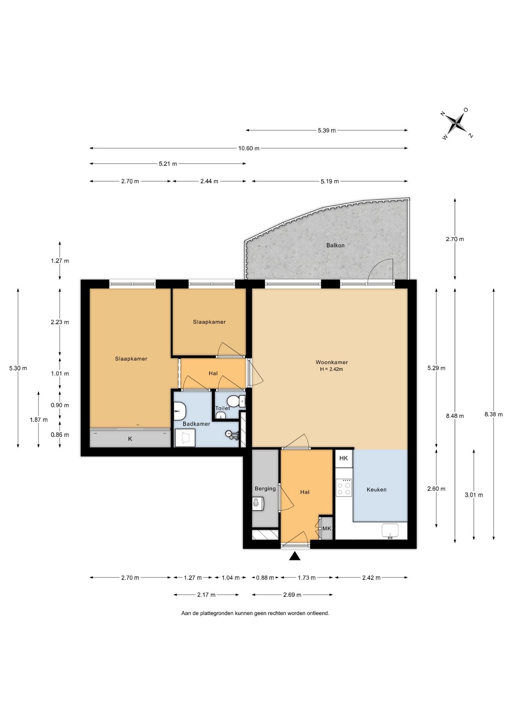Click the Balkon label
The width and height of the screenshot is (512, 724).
coord(335,245)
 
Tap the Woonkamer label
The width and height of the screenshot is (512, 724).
coord(332,362)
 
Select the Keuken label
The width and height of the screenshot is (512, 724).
coord(376,489)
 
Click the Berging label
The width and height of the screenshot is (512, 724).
coord(265,489)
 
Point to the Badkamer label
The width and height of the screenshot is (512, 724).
coord(196,424)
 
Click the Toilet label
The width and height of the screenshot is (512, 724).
coord(222,408)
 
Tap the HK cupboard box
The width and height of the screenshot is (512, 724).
coord(343,458)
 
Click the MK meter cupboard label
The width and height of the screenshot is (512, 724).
coord(327,529)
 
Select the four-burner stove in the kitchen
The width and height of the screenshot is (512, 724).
coord(344,488)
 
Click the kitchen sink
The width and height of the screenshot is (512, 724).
coord(390,530)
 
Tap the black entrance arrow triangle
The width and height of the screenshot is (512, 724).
coord(295,556)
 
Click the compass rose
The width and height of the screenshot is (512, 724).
coord(457,123)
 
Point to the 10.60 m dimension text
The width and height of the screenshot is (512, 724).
coord(249,148)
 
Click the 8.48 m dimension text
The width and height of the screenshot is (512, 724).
coord(455,416)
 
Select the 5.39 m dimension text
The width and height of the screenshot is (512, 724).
coord(327,130)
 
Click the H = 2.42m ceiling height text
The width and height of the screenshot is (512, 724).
coord(331,369)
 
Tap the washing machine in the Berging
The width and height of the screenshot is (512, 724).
coord(258,503)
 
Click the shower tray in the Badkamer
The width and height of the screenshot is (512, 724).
coord(185,438)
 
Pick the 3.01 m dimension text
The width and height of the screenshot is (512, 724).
coord(474,495)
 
